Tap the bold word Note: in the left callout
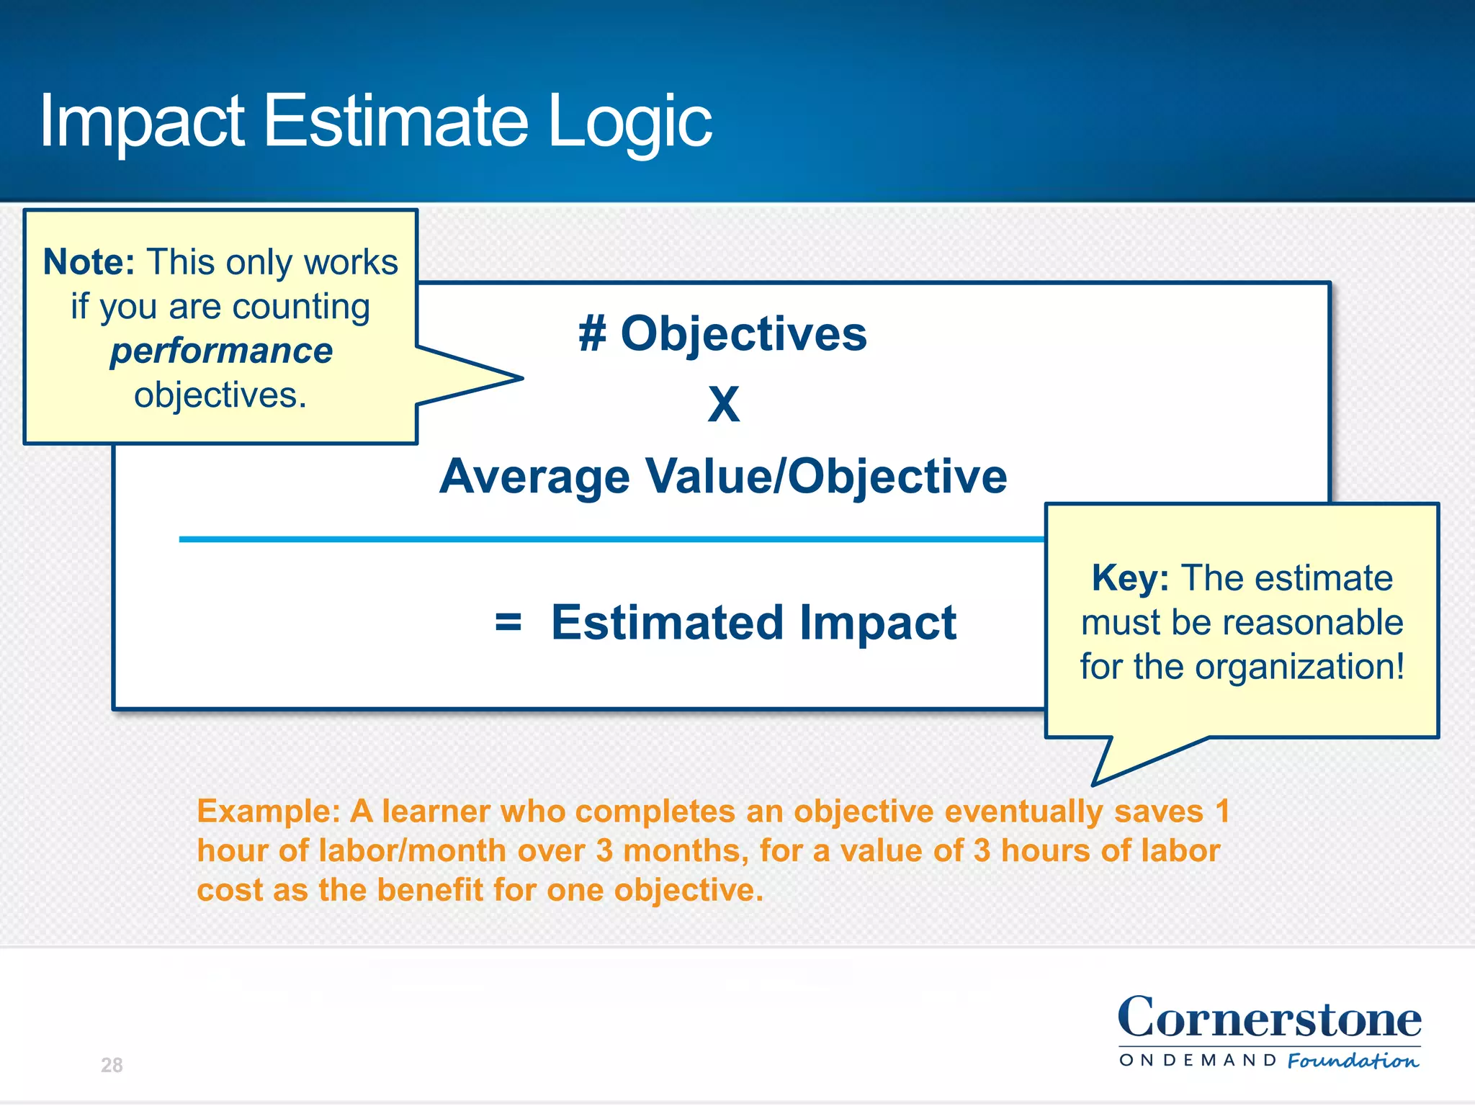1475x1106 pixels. [x=89, y=262]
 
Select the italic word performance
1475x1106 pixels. [x=221, y=351]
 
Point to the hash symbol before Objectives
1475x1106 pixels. [x=592, y=335]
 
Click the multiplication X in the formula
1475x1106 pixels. [x=723, y=405]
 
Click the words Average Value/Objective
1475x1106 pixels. [x=722, y=477]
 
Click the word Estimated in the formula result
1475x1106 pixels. [x=666, y=622]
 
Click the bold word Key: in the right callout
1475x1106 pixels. [x=1129, y=578]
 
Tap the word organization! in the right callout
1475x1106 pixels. [x=1300, y=667]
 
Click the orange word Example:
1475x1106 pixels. [x=268, y=811]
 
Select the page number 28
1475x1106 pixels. [x=112, y=1065]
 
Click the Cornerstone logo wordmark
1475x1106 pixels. [x=1269, y=1019]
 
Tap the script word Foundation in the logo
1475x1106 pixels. [x=1353, y=1061]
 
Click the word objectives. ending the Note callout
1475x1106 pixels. [x=220, y=396]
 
